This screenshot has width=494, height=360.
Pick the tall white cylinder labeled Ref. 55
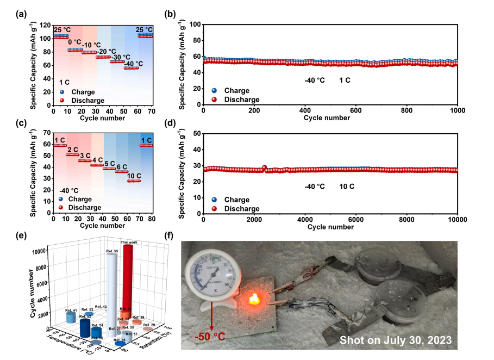click(112, 294)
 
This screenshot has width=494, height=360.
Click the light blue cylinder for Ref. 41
click(71, 317)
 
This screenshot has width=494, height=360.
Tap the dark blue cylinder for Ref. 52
click(85, 327)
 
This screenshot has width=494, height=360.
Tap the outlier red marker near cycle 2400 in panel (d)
click(265, 168)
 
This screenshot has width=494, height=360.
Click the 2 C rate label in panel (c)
click(72, 150)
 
